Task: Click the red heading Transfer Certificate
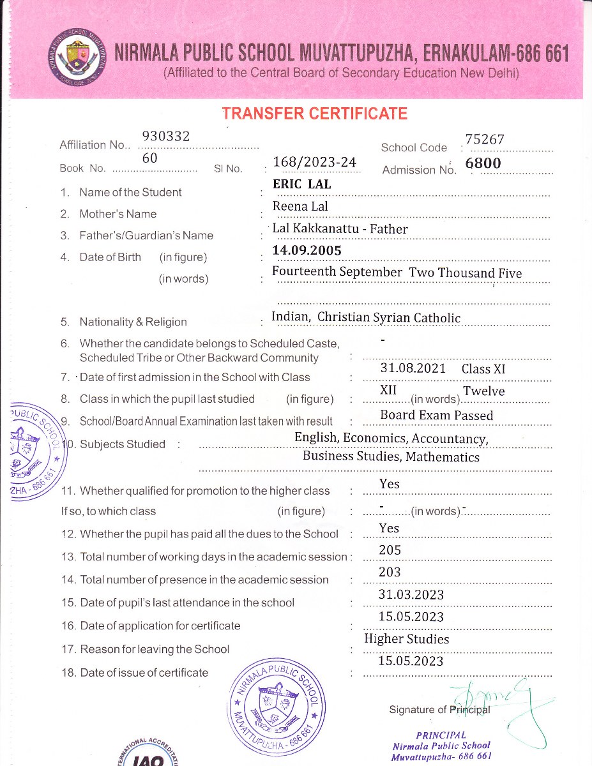tap(314, 114)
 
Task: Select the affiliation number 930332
tap(163, 135)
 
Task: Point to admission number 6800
tap(483, 163)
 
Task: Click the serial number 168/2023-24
tap(314, 161)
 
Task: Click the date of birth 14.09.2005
tap(307, 250)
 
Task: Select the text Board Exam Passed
tap(437, 416)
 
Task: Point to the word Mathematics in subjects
tap(443, 457)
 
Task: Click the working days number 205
tap(390, 550)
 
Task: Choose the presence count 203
tap(390, 573)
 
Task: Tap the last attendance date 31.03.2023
tap(411, 595)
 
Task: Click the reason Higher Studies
tap(407, 639)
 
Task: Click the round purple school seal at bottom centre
tap(276, 709)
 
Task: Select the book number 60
tap(150, 158)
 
